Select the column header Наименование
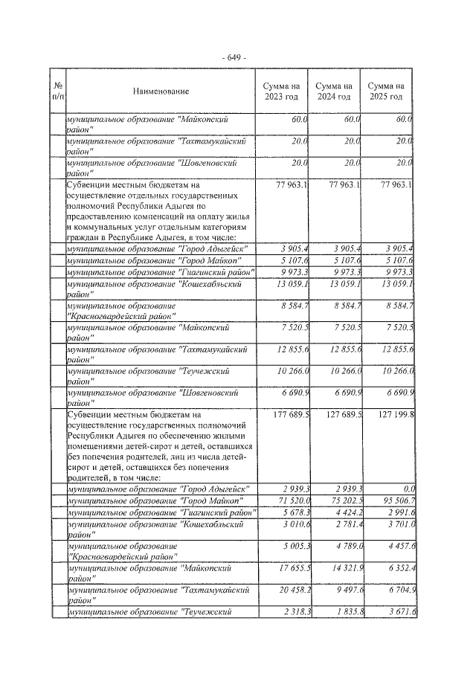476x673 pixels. (x=161, y=91)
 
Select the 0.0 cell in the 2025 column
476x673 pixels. (x=405, y=488)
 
